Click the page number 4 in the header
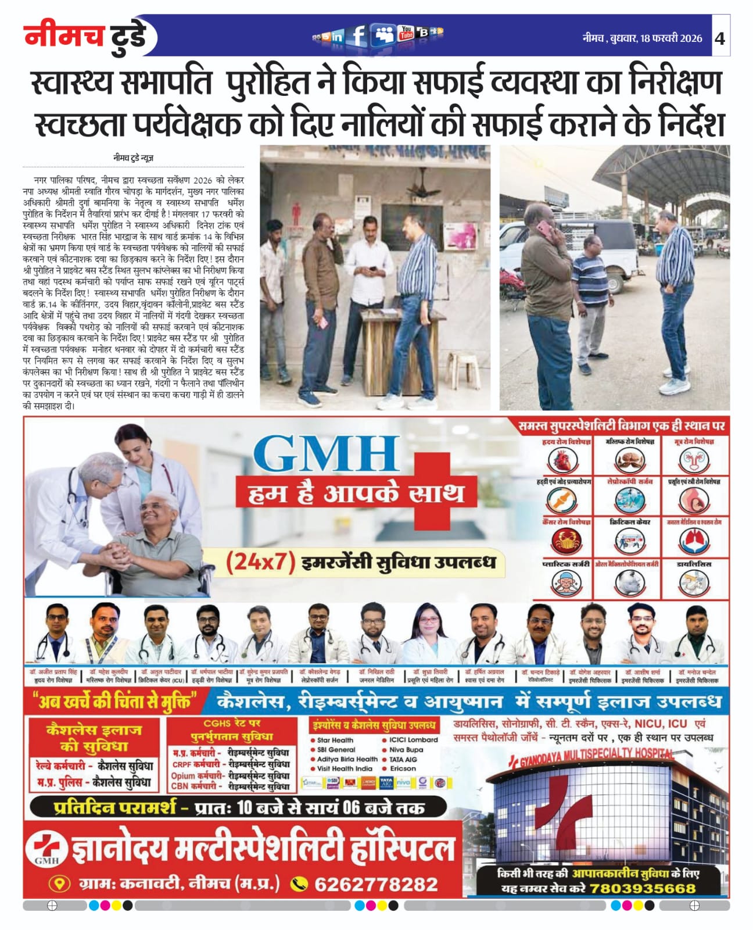[x=720, y=38]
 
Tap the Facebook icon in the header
[x=358, y=36]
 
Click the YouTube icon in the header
[x=406, y=33]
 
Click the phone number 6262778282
[x=376, y=884]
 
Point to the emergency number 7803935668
[x=642, y=888]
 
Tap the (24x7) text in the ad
[x=260, y=562]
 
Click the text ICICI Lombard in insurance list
[x=414, y=740]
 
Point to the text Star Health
[x=335, y=740]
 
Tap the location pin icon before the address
[x=59, y=884]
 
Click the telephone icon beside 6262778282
[x=299, y=884]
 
